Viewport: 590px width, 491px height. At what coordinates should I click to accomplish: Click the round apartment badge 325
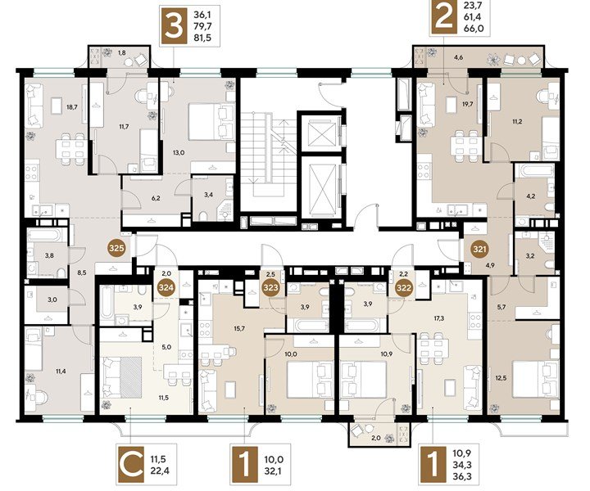[116, 248]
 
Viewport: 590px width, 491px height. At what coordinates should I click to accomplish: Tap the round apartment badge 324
[166, 288]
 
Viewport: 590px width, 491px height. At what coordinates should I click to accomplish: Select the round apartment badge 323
[271, 288]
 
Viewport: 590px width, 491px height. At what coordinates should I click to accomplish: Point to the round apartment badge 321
[479, 249]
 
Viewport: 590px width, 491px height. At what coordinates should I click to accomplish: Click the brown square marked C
[131, 464]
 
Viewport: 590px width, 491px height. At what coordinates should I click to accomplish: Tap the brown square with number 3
[173, 26]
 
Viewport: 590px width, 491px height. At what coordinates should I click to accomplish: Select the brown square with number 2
[443, 17]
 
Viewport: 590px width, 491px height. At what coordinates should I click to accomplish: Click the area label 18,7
[71, 106]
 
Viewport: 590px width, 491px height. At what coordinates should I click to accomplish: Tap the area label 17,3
[438, 318]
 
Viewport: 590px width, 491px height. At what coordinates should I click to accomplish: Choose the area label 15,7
[239, 328]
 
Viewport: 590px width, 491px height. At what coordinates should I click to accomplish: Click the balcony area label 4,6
[458, 57]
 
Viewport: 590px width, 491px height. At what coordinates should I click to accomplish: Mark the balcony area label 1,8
[121, 53]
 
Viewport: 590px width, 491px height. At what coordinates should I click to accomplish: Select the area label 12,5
[501, 378]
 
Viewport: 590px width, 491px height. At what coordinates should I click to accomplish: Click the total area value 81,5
[202, 37]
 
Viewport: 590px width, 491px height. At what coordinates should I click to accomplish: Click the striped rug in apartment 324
[131, 376]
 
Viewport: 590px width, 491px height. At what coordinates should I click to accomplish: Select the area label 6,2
[156, 198]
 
